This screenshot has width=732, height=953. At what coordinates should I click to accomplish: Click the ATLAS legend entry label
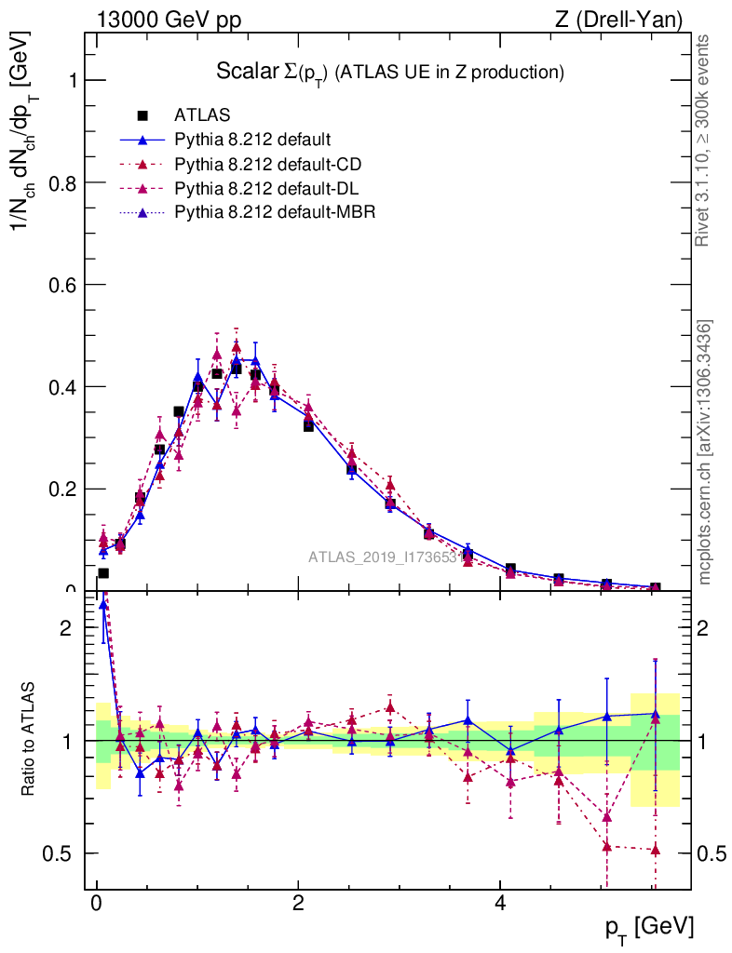point(202,116)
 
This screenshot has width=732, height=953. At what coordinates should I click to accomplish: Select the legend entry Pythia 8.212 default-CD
point(268,165)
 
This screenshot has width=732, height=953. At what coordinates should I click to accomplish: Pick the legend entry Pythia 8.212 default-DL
point(267,189)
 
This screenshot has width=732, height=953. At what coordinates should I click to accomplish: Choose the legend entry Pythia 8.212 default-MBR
point(275,213)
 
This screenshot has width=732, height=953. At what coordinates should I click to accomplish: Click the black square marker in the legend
point(142,116)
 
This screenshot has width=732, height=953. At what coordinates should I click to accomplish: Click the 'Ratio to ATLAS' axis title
point(30,741)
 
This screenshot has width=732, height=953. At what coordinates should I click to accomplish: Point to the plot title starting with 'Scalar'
point(390,72)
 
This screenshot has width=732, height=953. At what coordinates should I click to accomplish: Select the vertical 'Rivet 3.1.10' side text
point(704,140)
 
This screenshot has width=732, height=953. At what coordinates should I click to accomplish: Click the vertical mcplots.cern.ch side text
point(705,451)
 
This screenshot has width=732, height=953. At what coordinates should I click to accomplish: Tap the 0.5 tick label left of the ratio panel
point(59,853)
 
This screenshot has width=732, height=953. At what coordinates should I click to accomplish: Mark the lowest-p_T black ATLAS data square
point(103,573)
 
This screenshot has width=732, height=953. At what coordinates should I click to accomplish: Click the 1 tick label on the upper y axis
point(69,80)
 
